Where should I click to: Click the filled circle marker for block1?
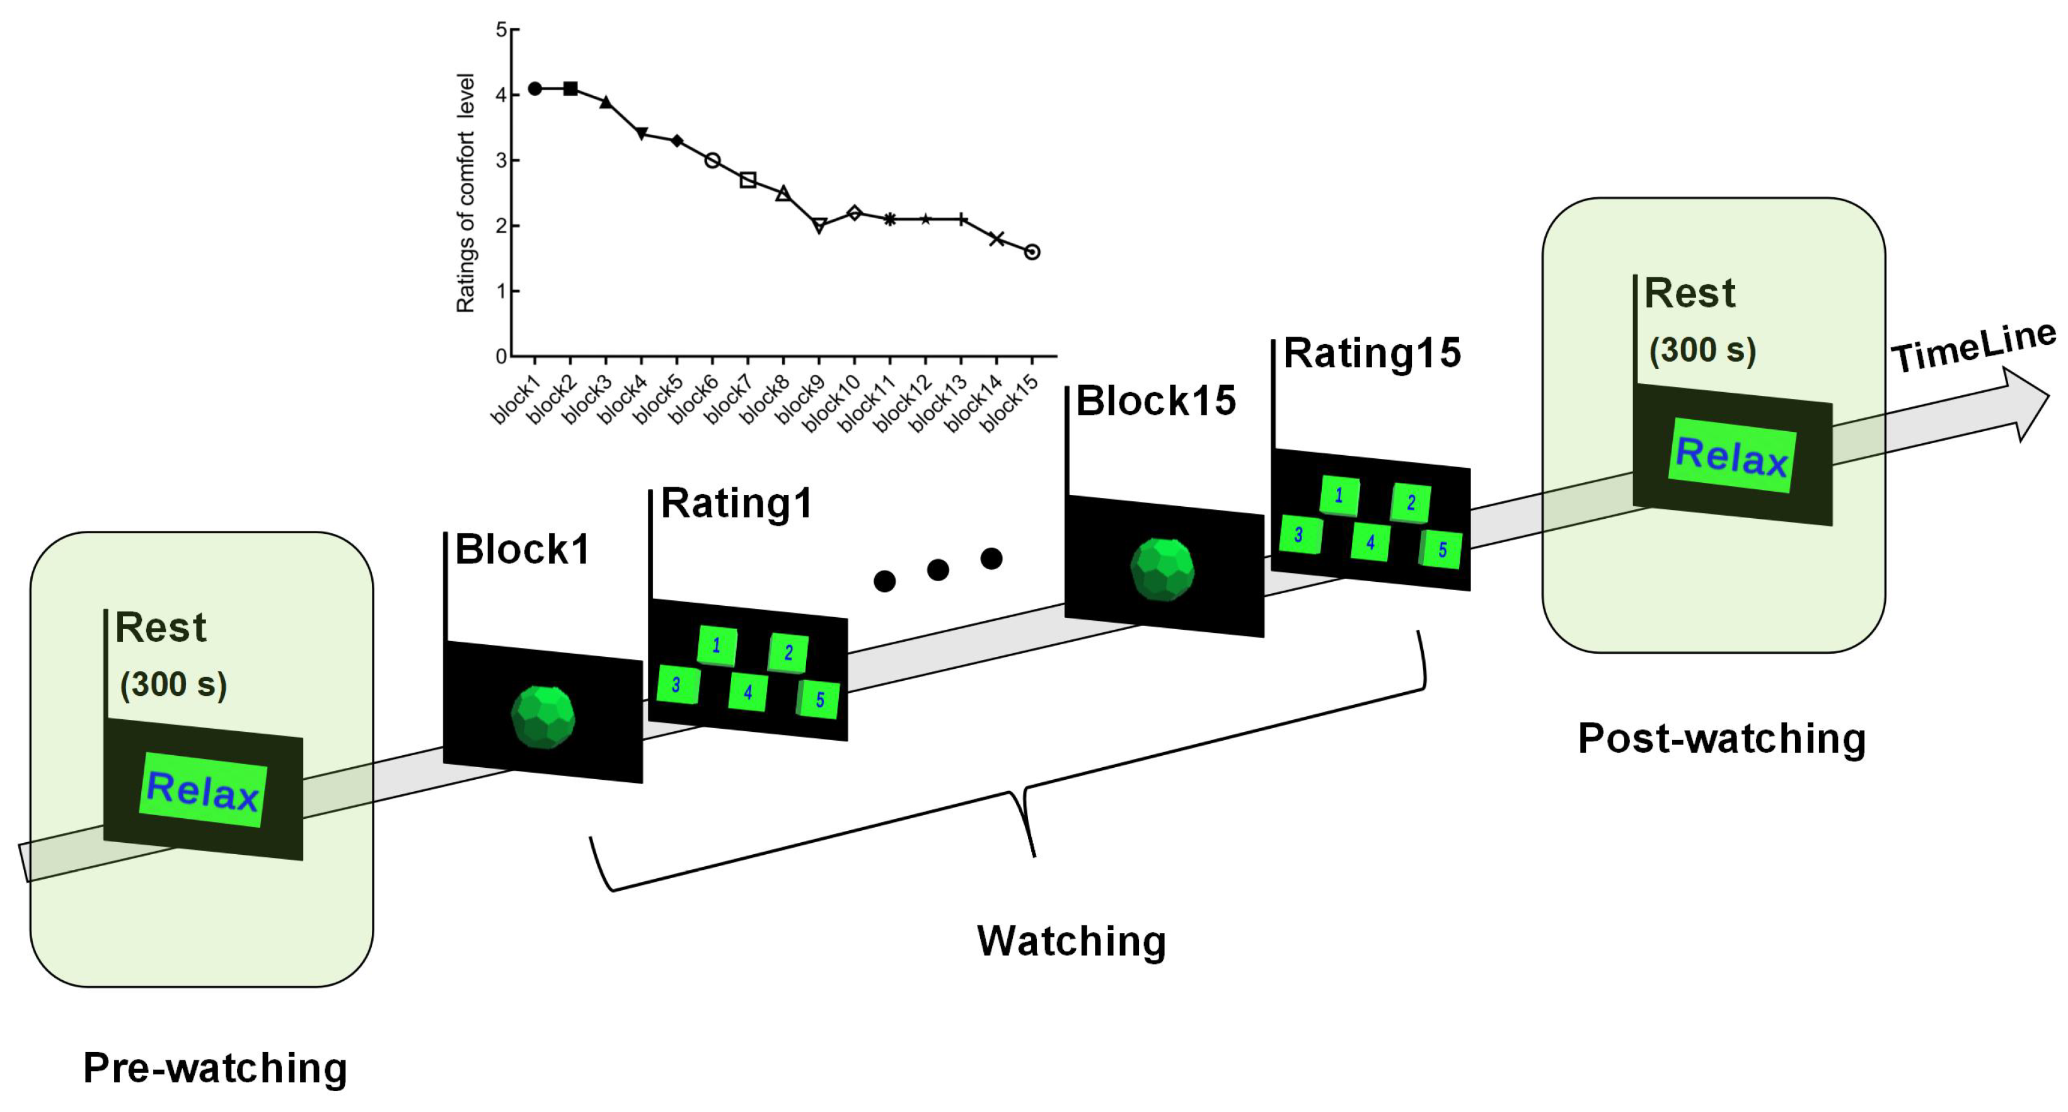click(534, 88)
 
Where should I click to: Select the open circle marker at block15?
click(1032, 252)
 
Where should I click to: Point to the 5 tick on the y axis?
click(502, 30)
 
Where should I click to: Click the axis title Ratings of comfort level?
click(466, 193)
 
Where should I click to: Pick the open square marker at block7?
click(748, 180)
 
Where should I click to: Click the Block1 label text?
click(523, 550)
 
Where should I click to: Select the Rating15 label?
click(1372, 353)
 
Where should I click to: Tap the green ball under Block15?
click(1162, 569)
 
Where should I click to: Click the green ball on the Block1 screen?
click(543, 717)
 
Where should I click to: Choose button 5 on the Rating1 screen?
click(819, 699)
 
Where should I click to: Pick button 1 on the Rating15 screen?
click(1339, 495)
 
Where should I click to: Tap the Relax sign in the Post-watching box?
click(1731, 456)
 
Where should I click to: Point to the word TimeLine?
click(1973, 347)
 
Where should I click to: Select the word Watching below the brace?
click(1071, 941)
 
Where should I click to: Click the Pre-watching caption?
click(215, 1068)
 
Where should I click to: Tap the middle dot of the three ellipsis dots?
click(938, 570)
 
